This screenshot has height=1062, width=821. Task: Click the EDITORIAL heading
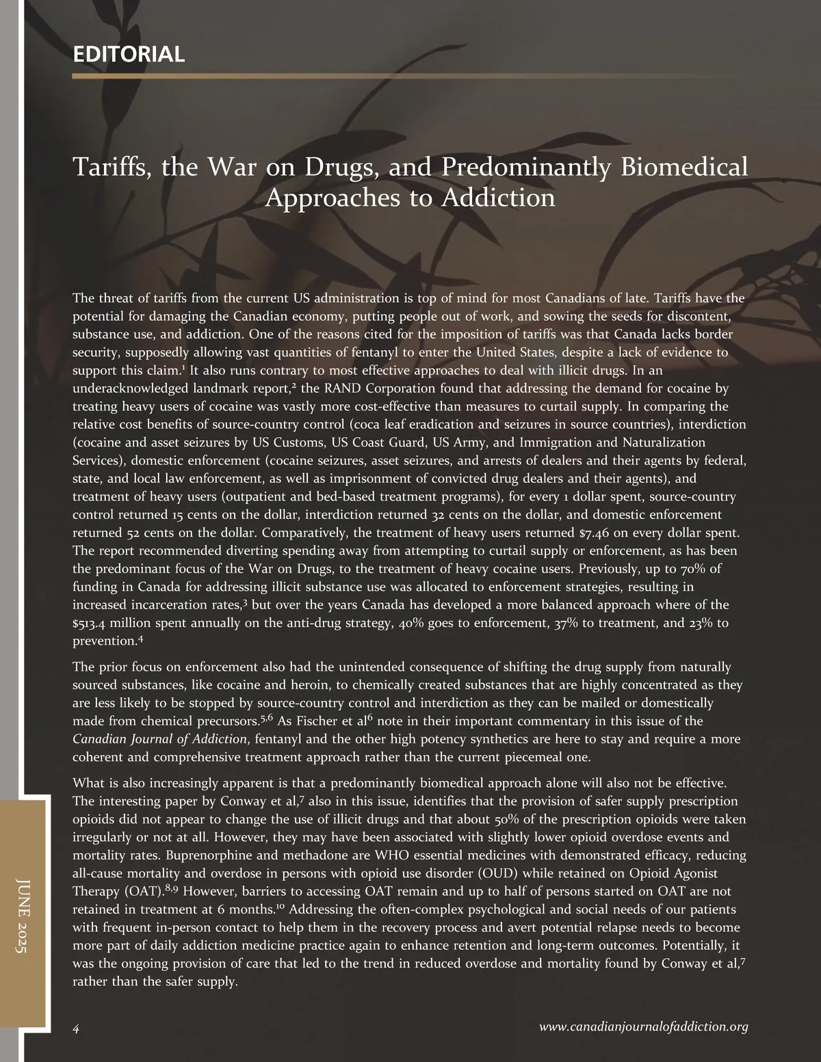tap(129, 54)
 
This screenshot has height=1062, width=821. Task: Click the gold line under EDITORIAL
tap(410, 76)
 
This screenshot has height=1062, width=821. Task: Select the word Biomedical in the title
tap(684, 167)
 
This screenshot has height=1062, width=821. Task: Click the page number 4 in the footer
tap(77, 1028)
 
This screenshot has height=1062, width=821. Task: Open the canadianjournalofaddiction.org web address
tap(643, 1026)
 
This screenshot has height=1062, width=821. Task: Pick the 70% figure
tap(696, 569)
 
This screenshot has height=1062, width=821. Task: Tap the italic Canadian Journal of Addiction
tap(159, 739)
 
